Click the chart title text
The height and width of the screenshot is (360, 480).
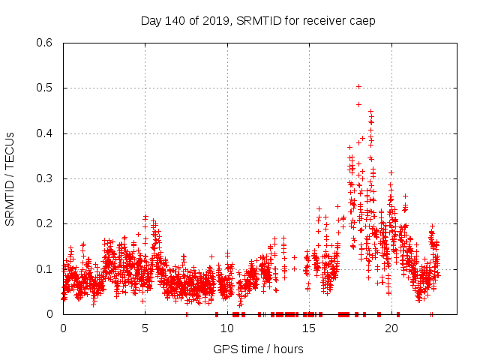[258, 21]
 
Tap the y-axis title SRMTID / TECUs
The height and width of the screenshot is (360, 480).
[10, 178]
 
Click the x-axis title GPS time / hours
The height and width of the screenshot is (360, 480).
[258, 349]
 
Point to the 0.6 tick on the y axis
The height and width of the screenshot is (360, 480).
[46, 43]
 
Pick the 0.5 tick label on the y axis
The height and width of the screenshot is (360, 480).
[46, 88]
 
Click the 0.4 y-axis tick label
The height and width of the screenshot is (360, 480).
[46, 133]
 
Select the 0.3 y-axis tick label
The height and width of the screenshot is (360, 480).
[46, 178]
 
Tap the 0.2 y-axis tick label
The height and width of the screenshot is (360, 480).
[46, 223]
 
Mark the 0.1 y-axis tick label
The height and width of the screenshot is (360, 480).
[46, 268]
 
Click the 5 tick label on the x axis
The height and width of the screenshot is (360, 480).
[145, 328]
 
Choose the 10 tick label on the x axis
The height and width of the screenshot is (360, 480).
[227, 328]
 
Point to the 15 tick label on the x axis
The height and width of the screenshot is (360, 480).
[309, 328]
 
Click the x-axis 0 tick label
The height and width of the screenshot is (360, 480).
[63, 328]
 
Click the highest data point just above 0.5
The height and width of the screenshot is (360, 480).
[358, 86]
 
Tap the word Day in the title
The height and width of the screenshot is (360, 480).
[151, 21]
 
